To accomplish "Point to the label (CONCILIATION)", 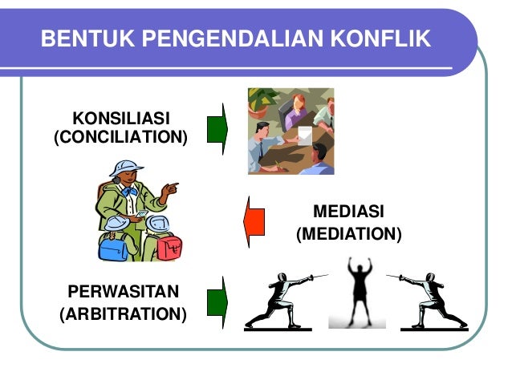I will pos(120,138).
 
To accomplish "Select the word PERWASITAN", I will pos(123,290).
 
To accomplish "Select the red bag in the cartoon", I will pos(169,246).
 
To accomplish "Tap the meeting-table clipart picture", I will pos(291,131).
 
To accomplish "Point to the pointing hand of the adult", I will pos(169,189).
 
